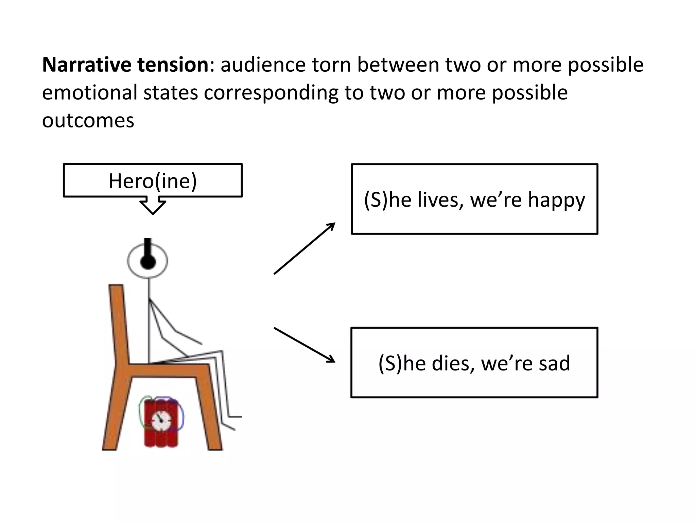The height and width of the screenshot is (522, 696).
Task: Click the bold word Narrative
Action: [87, 65]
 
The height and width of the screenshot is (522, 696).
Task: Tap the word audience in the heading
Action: [263, 65]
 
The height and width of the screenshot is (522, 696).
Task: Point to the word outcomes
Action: [88, 120]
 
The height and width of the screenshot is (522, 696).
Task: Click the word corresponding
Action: [271, 93]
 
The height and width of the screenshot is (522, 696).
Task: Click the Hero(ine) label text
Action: [153, 181]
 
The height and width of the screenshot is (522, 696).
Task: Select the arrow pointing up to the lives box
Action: [304, 248]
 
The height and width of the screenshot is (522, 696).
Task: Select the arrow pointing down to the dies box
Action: [304, 345]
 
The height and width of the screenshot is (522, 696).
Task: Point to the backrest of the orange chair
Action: [119, 323]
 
